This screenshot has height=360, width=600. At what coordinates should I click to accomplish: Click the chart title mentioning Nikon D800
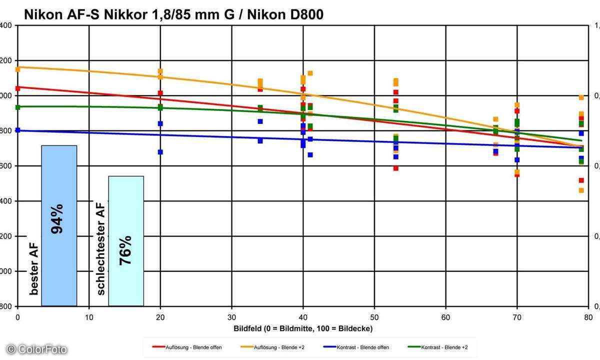click(173, 15)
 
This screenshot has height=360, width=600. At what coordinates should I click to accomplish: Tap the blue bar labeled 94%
click(59, 225)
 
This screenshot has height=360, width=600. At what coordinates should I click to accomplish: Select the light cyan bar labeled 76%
click(126, 240)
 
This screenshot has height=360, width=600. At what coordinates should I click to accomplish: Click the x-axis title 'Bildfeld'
click(303, 328)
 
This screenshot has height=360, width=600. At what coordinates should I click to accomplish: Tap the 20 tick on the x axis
click(160, 317)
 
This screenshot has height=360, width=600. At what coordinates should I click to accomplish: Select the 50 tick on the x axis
click(374, 317)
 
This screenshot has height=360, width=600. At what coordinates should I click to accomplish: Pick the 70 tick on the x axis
click(517, 317)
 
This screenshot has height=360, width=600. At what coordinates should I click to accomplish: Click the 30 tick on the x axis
click(231, 317)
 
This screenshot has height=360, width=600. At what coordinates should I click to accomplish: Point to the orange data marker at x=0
click(18, 69)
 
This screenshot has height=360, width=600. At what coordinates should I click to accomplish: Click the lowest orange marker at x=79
click(581, 190)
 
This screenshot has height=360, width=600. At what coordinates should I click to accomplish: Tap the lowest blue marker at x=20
click(160, 152)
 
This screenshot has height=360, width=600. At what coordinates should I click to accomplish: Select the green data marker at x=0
click(18, 107)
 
